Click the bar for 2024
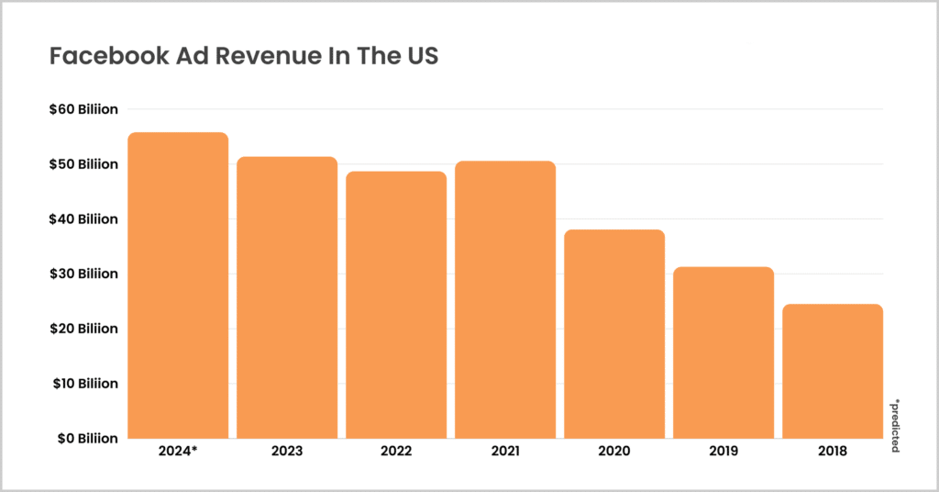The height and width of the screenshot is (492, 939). [x=178, y=285]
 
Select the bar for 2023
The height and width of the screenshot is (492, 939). [x=287, y=297]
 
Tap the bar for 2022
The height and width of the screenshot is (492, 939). [x=396, y=305]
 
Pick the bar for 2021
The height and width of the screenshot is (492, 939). [x=505, y=299]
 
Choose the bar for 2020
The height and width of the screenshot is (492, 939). [x=614, y=334]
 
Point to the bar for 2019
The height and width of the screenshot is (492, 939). [x=724, y=352]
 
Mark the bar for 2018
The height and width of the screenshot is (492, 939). [x=833, y=371]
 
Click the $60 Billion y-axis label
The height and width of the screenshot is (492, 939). [x=84, y=109]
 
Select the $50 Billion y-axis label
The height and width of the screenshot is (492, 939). [x=84, y=164]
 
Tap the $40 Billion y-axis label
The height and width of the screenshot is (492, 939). [x=84, y=218]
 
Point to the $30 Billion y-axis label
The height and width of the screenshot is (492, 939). [x=84, y=274]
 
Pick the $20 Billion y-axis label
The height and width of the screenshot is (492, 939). [x=84, y=328]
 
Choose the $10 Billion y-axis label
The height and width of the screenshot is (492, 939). [x=84, y=383]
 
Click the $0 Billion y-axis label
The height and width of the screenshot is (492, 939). [x=87, y=438]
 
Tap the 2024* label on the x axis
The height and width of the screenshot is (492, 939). [x=178, y=452]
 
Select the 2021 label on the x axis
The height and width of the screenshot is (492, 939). [x=505, y=452]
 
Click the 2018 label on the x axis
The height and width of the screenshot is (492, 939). [x=833, y=452]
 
